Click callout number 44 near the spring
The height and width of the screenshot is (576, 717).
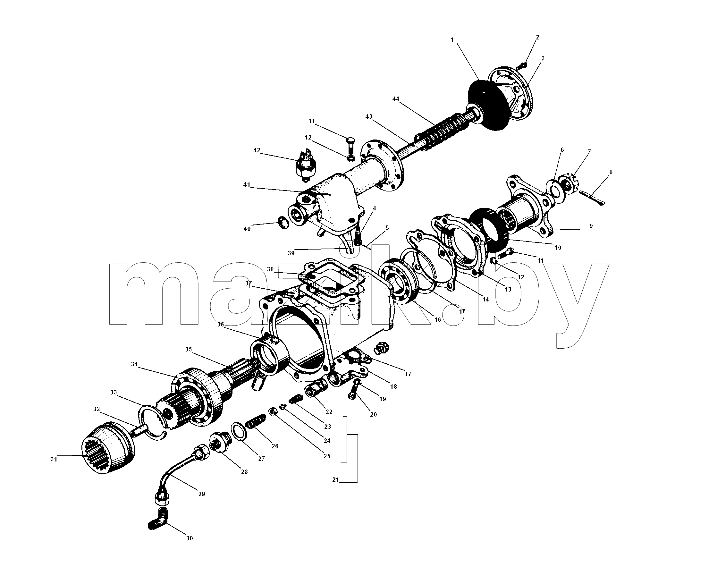[396, 99]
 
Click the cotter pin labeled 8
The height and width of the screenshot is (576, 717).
[592, 197]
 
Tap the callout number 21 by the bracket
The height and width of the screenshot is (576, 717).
[336, 479]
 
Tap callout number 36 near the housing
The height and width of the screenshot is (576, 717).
[221, 324]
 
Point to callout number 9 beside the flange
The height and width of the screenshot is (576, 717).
[591, 226]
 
